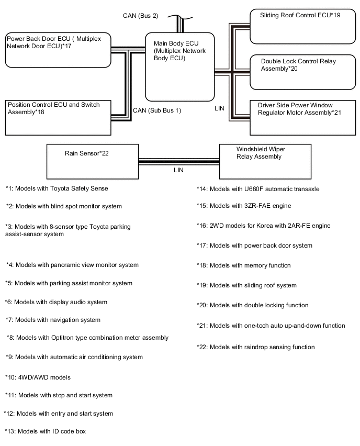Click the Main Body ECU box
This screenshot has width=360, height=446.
pyautogui.click(x=179, y=67)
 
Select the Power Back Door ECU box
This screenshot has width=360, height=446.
pyautogui.click(x=58, y=50)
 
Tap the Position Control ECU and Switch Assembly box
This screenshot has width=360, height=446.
pyautogui.click(x=58, y=117)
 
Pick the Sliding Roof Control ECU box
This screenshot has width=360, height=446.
pyautogui.click(x=303, y=27)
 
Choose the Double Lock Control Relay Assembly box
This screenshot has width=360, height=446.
pyautogui.click(x=303, y=72)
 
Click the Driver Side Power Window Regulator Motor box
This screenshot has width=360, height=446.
pyautogui.click(x=303, y=117)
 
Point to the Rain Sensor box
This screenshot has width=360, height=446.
pyautogui.click(x=93, y=162)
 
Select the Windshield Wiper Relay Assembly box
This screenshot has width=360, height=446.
pyautogui.click(x=265, y=162)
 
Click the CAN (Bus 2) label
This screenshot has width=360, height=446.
pyautogui.click(x=140, y=16)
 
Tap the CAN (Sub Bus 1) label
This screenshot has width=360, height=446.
pyautogui.click(x=157, y=110)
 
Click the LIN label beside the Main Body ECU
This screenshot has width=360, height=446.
pyautogui.click(x=219, y=108)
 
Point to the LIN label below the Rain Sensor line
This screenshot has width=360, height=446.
pyautogui.click(x=178, y=170)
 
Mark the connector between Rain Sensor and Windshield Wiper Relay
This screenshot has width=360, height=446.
pyautogui.click(x=179, y=162)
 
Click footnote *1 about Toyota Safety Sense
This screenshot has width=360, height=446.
pyautogui.click(x=57, y=188)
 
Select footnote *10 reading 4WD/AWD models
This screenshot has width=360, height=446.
pyautogui.click(x=38, y=377)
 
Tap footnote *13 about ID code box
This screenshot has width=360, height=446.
pyautogui.click(x=45, y=431)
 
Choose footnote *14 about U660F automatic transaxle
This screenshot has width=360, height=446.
pyautogui.click(x=258, y=189)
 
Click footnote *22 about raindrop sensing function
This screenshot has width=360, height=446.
pyautogui.click(x=256, y=347)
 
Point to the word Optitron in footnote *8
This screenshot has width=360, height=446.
pyautogui.click(x=63, y=338)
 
